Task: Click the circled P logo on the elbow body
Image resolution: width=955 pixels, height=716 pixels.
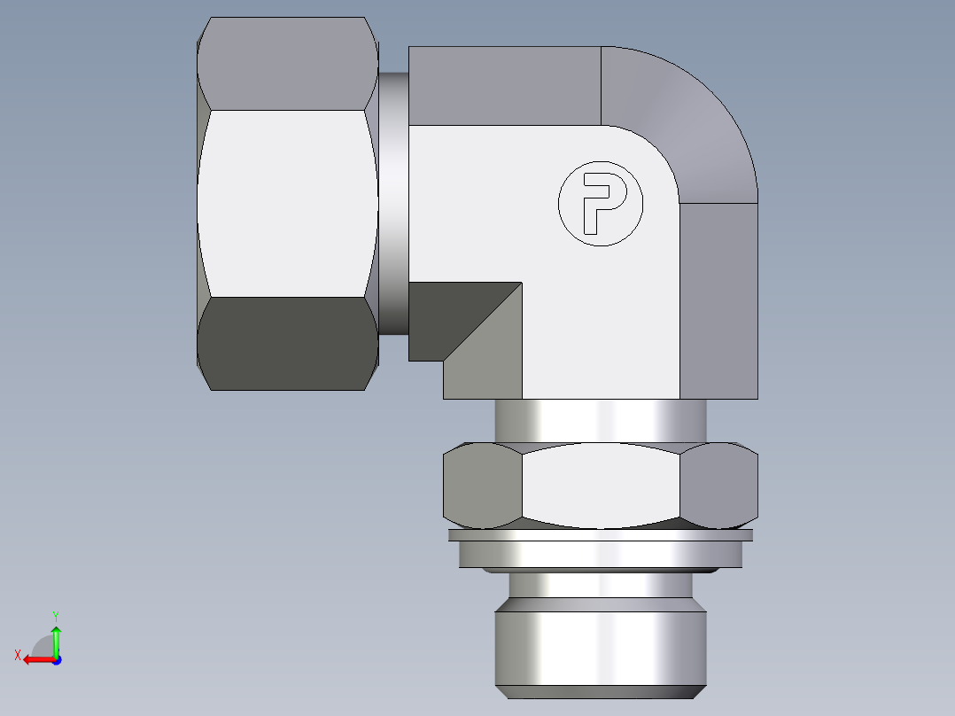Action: [x=600, y=203]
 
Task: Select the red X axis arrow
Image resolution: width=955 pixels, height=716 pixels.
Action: [x=36, y=659]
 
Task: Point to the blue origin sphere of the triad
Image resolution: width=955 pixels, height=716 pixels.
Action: [x=56, y=659]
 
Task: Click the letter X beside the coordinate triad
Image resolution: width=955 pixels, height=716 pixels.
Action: [x=17, y=655]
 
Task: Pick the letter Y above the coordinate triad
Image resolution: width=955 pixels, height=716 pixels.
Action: [x=55, y=615]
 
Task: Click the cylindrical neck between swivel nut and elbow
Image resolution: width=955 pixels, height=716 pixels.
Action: [x=393, y=203]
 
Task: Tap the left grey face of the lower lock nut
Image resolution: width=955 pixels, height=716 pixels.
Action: [x=481, y=485]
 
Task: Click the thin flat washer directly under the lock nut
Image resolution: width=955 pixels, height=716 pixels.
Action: [x=600, y=535]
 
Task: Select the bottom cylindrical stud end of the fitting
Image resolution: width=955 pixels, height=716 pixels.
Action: [x=600, y=638]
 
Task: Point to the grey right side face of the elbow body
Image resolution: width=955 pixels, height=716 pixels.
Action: [x=718, y=301]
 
